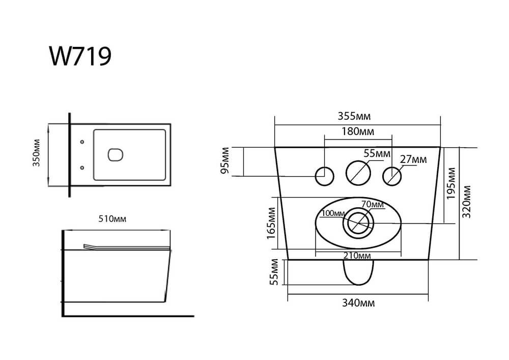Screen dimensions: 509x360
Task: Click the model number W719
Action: (x=80, y=56)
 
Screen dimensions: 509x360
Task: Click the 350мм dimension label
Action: (x=36, y=153)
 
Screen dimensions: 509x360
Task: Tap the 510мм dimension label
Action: (x=112, y=219)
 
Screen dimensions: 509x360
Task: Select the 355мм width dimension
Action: (x=354, y=116)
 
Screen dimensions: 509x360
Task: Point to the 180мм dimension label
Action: (x=358, y=131)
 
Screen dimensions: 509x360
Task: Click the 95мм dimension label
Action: (x=225, y=161)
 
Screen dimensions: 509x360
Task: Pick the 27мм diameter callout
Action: (x=413, y=159)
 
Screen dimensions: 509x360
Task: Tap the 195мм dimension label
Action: (x=451, y=184)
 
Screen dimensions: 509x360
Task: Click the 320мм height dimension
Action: (x=466, y=202)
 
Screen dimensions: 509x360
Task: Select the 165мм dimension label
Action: (x=271, y=224)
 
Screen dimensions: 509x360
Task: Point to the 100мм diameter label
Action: (x=333, y=213)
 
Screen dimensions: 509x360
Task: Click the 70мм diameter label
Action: (x=373, y=205)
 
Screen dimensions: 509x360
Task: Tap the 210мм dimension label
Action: (x=357, y=256)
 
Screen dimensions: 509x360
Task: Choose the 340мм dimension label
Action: (x=358, y=303)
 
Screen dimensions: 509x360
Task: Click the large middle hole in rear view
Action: (x=358, y=173)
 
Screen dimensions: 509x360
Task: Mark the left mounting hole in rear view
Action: (x=325, y=176)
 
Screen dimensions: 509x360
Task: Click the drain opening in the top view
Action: (x=115, y=155)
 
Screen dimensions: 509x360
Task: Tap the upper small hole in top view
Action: (x=82, y=142)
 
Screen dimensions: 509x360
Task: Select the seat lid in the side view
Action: (x=127, y=247)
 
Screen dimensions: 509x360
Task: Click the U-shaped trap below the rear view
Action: (x=358, y=273)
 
